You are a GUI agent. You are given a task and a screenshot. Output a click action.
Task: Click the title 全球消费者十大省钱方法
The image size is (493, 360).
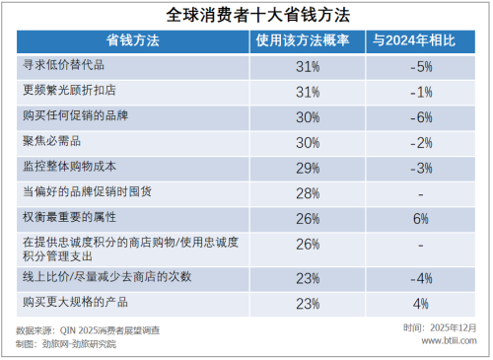coord(246,15)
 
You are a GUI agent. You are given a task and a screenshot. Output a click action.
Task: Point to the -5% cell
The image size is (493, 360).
coord(421,67)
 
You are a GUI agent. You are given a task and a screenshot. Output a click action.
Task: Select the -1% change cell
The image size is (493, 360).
coord(421,92)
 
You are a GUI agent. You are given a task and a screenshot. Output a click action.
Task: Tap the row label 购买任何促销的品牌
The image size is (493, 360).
coord(76,115)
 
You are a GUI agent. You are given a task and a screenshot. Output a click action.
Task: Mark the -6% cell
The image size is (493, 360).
coord(421,116)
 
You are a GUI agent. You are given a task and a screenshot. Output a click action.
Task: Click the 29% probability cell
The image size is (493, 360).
coord(307,167)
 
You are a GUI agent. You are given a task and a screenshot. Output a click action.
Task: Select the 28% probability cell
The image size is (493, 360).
coord(307,191)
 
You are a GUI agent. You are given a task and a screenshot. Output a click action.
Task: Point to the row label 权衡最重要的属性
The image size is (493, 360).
coord(76,216)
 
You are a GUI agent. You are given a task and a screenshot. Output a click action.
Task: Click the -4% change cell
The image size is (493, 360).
coord(421,277)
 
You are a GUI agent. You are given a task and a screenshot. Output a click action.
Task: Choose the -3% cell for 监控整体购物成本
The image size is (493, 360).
coord(421,167)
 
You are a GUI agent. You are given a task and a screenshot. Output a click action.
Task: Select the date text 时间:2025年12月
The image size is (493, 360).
coord(440,326)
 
